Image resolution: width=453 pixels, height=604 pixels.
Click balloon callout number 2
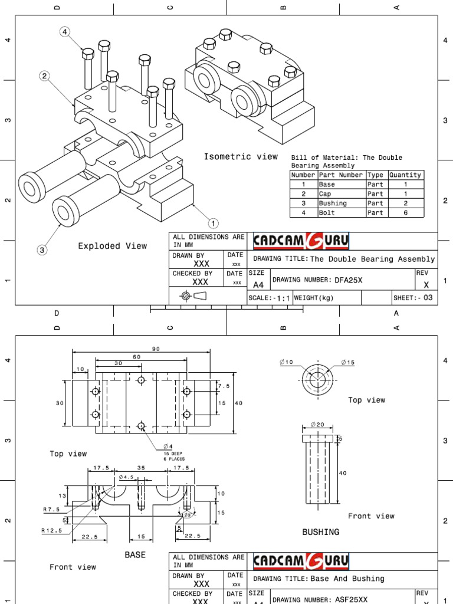[44, 75]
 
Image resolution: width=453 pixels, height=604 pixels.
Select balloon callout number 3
[42, 250]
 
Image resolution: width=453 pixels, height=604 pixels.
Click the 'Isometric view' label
[241, 156]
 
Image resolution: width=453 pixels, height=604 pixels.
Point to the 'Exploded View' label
[112, 246]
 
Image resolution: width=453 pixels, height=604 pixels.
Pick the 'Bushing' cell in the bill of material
[332, 203]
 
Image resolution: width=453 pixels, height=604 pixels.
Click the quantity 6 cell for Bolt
[405, 213]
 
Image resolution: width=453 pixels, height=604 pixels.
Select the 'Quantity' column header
[405, 175]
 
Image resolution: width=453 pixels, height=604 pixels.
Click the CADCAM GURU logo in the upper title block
[301, 241]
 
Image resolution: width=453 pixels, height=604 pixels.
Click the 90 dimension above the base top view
[156, 349]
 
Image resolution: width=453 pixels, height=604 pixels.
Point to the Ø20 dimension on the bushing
[317, 424]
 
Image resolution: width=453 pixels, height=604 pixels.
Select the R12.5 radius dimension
[51, 530]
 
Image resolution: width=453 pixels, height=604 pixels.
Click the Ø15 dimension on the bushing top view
[348, 362]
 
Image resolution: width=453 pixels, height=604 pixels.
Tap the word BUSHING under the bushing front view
[320, 532]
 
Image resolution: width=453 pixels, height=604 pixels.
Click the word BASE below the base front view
[135, 555]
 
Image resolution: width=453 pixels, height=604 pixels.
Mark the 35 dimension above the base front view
[140, 468]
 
